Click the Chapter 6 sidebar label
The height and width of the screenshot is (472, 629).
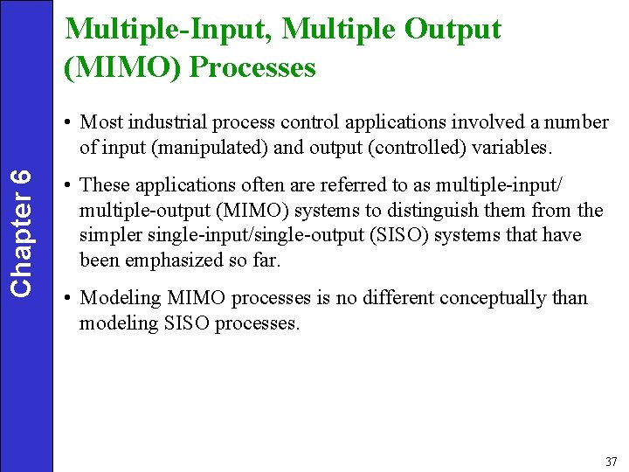pos(26,231)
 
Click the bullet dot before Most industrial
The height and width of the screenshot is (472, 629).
pos(67,123)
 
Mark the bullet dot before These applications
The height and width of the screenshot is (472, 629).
pos(67,186)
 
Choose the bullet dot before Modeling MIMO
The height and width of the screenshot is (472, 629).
pos(67,298)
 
